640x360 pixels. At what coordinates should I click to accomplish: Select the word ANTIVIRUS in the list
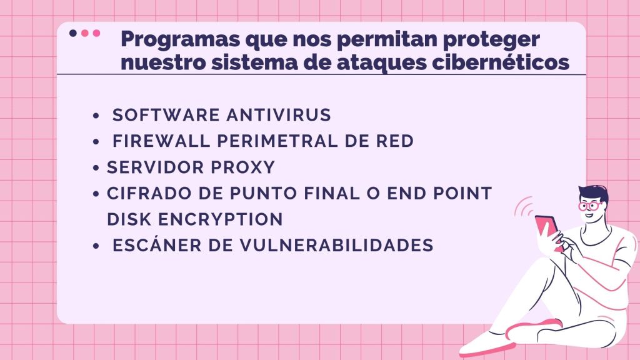[279, 115]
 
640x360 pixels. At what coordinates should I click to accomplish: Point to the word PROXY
[243, 167]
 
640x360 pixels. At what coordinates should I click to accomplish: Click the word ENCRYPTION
[221, 219]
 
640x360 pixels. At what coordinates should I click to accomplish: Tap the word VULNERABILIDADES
[336, 245]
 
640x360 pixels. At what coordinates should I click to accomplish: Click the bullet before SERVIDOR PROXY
[96, 167]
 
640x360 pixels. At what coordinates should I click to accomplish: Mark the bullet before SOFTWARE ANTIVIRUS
[96, 116]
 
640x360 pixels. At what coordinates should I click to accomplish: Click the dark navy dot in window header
[73, 33]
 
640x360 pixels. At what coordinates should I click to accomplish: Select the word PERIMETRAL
[277, 141]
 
